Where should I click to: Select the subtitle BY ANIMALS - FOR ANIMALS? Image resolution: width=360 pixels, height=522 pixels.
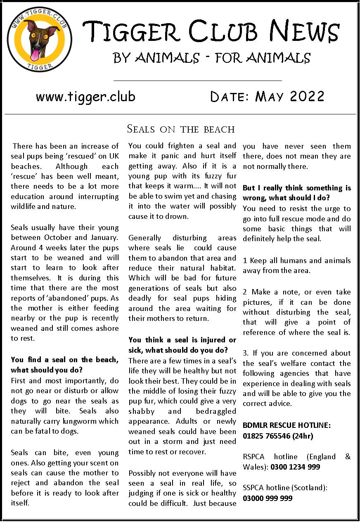[x=212, y=57]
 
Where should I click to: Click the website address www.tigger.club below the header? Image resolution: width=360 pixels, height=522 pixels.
[x=85, y=97]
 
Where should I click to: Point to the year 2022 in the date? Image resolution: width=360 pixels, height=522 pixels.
[x=307, y=97]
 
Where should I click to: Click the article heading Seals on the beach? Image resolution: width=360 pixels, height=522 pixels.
[x=180, y=129]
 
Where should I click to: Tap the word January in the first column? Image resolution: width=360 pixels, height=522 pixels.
[x=104, y=237]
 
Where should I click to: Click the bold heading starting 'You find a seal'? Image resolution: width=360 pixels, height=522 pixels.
[x=64, y=364]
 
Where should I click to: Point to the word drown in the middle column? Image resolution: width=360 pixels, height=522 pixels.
[x=180, y=216]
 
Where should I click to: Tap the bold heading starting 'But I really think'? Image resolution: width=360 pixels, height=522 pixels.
[x=296, y=193]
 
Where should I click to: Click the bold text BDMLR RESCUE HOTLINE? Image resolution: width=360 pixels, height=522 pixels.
[x=287, y=425]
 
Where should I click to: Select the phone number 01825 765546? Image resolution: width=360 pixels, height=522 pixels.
[x=268, y=435]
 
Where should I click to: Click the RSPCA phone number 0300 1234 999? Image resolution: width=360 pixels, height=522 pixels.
[x=295, y=467]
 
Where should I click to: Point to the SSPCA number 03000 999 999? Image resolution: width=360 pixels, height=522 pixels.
[x=267, y=498]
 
